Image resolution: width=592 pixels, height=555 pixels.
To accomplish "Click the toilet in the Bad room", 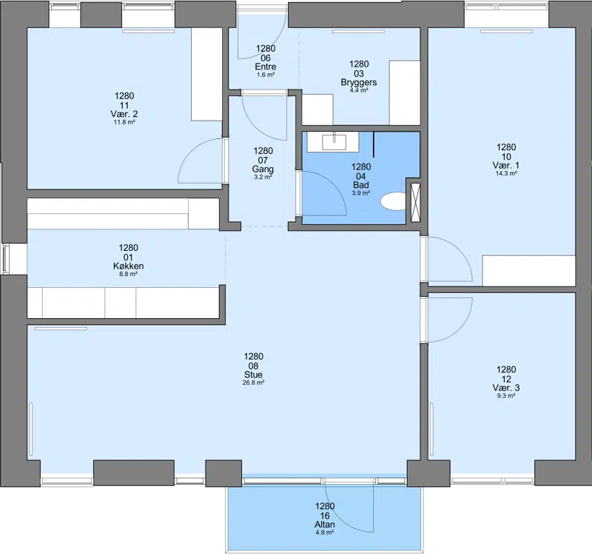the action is click(393, 201).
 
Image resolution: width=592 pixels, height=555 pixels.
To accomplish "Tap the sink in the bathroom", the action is click(334, 142).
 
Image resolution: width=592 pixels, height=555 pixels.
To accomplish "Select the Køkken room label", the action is click(128, 266).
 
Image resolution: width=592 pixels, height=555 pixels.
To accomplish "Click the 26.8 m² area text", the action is click(253, 383).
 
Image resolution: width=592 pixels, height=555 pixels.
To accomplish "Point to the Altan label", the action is click(325, 525).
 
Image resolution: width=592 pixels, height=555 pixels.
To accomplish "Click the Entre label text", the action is click(266, 67).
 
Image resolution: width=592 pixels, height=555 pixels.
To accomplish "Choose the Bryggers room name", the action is click(359, 82).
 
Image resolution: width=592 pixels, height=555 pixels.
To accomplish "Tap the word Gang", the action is click(263, 169).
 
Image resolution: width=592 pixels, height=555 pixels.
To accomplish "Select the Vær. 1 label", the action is click(506, 165).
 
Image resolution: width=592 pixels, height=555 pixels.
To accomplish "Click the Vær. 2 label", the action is click(124, 114).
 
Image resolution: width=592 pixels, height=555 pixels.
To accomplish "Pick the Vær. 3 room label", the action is click(506, 388).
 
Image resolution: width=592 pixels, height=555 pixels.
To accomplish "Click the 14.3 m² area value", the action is click(506, 174).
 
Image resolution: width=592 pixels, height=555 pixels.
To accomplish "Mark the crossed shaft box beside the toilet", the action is click(415, 202).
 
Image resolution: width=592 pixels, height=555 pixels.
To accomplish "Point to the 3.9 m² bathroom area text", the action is click(361, 193).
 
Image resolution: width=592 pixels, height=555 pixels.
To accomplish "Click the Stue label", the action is click(253, 374).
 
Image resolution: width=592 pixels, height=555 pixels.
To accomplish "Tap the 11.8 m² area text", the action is click(124, 122).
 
